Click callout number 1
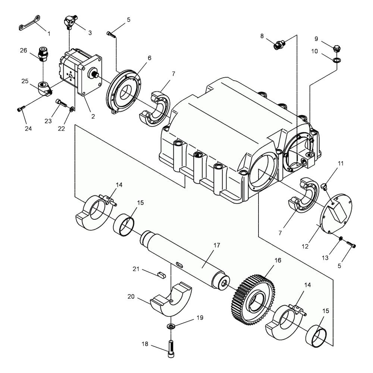pos(49,34)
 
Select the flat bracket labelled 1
pos(29,23)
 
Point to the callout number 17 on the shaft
pos(217,245)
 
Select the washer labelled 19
pos(171,326)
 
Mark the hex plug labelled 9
pos(336,48)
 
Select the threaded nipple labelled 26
pos(43,54)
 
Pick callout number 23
pos(48,121)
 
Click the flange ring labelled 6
pos(124,92)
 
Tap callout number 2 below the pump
pos(93,116)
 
